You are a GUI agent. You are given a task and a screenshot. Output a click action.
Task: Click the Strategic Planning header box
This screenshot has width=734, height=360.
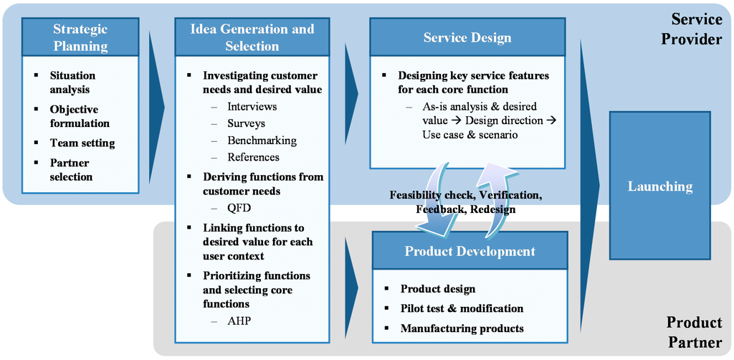pos(80,37)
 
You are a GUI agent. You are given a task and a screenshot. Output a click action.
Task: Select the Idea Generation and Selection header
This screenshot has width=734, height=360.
pos(252,37)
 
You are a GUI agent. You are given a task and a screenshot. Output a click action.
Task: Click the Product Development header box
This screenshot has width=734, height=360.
pos(470,251)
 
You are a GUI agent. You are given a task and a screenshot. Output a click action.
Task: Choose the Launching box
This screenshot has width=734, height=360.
pos(659,186)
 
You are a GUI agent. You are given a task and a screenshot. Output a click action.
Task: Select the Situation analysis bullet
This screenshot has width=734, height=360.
pos(72,82)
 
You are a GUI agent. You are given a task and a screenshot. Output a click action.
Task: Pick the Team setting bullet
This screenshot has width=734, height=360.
pos(82,143)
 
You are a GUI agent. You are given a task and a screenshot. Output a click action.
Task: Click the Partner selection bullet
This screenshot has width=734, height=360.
pos(72,169)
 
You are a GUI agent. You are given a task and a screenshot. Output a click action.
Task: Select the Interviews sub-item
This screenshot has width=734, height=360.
pos(252,106)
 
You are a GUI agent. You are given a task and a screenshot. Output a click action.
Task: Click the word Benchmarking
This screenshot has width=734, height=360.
pos(262,141)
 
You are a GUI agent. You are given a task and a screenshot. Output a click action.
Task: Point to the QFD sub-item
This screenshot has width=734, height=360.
pos(239,208)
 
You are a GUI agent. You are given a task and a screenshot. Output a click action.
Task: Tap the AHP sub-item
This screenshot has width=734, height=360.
pos(239,321)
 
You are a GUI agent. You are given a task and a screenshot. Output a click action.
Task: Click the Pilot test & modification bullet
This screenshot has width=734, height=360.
pos(462,308)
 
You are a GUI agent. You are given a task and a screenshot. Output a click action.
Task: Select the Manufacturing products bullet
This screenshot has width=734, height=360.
pos(462,328)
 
